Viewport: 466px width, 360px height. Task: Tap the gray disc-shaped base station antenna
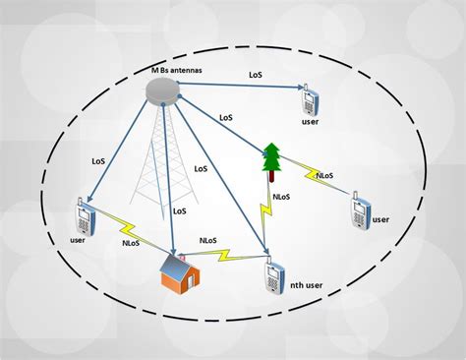[162, 89]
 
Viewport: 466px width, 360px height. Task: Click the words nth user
[310, 286]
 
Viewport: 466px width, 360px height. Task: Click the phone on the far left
[83, 215]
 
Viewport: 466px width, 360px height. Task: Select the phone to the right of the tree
[361, 210]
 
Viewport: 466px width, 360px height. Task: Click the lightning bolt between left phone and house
[126, 225]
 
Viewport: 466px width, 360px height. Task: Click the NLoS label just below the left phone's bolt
[132, 242]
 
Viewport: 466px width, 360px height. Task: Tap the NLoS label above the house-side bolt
[208, 239]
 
